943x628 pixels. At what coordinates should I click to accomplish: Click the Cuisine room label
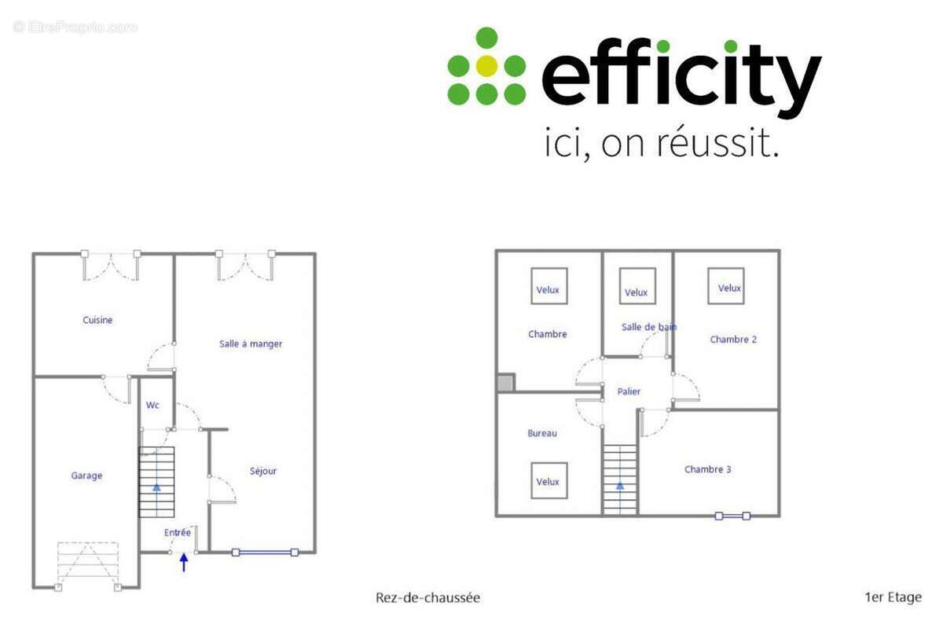pyautogui.click(x=97, y=320)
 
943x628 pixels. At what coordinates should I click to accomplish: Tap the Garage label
pyautogui.click(x=86, y=476)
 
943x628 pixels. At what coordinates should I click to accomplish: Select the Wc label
pyautogui.click(x=152, y=406)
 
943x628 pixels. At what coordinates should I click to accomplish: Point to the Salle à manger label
pyautogui.click(x=251, y=343)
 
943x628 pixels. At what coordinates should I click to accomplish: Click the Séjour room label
pyautogui.click(x=263, y=471)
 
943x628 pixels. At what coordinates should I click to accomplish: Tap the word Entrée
pyautogui.click(x=178, y=532)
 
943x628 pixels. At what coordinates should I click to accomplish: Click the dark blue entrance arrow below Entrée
pyautogui.click(x=185, y=562)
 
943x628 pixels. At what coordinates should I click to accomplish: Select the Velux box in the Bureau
pyautogui.click(x=548, y=481)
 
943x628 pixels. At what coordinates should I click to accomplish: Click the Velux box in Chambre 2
pyautogui.click(x=729, y=288)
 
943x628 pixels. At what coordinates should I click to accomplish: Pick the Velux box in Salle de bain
pyautogui.click(x=637, y=292)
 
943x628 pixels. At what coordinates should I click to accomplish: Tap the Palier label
pyautogui.click(x=629, y=391)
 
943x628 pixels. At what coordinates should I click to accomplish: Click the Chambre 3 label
pyautogui.click(x=707, y=469)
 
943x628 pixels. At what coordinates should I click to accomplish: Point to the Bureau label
pyautogui.click(x=542, y=433)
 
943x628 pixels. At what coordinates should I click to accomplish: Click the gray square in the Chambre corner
pyautogui.click(x=505, y=383)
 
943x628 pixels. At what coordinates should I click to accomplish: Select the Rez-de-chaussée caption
pyautogui.click(x=427, y=597)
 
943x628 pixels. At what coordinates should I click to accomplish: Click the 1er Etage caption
pyautogui.click(x=893, y=597)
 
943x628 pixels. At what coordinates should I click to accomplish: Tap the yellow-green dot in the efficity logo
pyautogui.click(x=486, y=66)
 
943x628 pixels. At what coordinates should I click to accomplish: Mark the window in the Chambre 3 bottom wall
pyautogui.click(x=732, y=516)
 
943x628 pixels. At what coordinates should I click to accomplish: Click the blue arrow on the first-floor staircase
pyautogui.click(x=620, y=486)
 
